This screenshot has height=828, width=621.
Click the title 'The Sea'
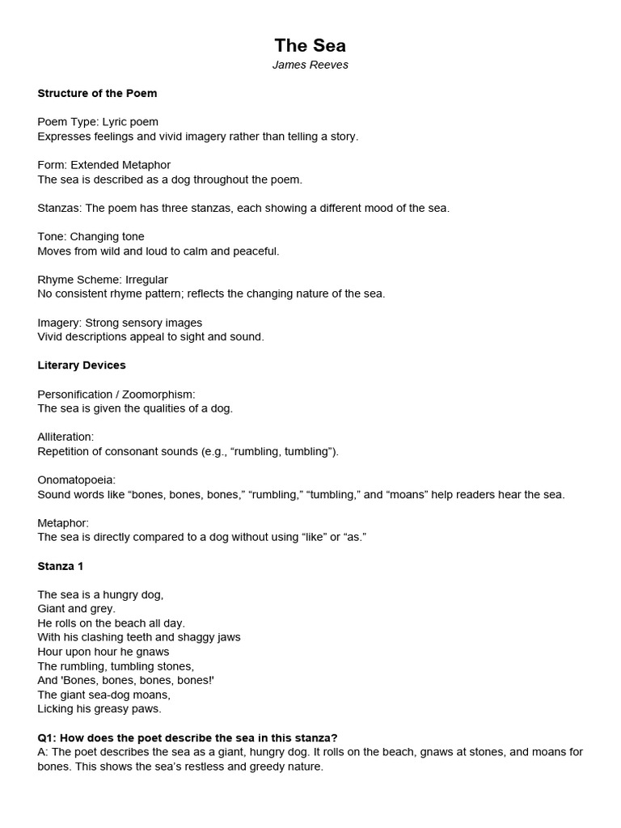point(310,45)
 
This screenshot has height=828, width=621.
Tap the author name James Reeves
point(310,65)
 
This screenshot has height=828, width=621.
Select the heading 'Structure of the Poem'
point(97,93)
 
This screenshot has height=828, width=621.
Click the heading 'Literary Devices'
point(82,365)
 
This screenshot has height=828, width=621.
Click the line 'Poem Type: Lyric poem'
point(98,122)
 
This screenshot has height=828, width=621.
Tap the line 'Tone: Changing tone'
point(91,236)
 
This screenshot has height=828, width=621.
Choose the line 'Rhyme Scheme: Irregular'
point(103,279)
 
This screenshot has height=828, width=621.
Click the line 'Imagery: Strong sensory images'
point(120,323)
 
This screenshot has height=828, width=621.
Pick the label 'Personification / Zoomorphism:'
point(116,394)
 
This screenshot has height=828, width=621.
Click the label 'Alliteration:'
point(65,437)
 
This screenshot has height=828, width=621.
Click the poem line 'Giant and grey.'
point(76,608)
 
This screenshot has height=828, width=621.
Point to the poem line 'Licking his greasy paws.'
point(99,708)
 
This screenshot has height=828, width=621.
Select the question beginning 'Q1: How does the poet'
point(187,737)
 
